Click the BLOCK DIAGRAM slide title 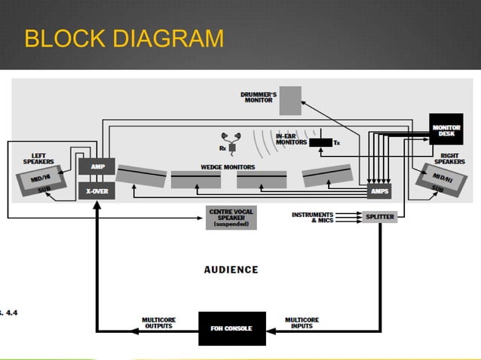click(x=124, y=38)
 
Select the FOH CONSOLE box click(x=231, y=328)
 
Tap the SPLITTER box click(x=379, y=216)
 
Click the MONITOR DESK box click(x=446, y=129)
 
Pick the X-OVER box click(x=97, y=191)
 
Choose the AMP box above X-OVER click(x=97, y=166)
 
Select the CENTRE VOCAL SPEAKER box click(x=231, y=218)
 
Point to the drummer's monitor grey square click(x=290, y=100)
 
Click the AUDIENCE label click(x=231, y=269)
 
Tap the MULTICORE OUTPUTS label click(x=158, y=322)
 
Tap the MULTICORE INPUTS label click(x=302, y=322)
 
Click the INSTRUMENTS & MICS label click(x=312, y=217)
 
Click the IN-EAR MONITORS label click(x=291, y=139)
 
